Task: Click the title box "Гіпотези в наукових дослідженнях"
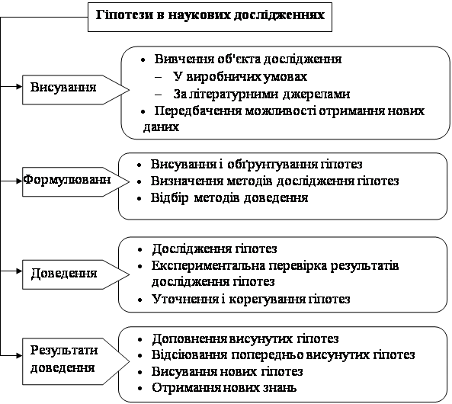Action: pyautogui.click(x=210, y=17)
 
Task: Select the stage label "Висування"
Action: pyautogui.click(x=63, y=87)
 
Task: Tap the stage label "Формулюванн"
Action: pyautogui.click(x=66, y=180)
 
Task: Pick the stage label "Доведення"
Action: pyautogui.click(x=64, y=273)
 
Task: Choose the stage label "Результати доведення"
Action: pyautogui.click(x=64, y=359)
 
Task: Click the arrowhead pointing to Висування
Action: pyautogui.click(x=20, y=86)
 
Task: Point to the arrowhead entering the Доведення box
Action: pyautogui.click(x=20, y=271)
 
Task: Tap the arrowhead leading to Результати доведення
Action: pyautogui.click(x=20, y=355)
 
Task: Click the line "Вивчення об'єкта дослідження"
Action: pyautogui.click(x=248, y=59)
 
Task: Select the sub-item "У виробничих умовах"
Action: pyautogui.click(x=240, y=77)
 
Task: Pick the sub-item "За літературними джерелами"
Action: pyautogui.click(x=261, y=94)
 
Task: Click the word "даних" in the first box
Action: pyautogui.click(x=161, y=127)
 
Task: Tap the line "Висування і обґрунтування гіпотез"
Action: pyautogui.click(x=256, y=165)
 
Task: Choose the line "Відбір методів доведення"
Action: pyautogui.click(x=229, y=198)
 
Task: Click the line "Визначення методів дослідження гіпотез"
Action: pyautogui.click(x=274, y=181)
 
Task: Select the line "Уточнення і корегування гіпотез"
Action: pyautogui.click(x=251, y=300)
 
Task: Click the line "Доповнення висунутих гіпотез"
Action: pyautogui.click(x=245, y=339)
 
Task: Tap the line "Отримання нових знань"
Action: pyautogui.click(x=224, y=388)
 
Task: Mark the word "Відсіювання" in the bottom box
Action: pyautogui.click(x=189, y=355)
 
